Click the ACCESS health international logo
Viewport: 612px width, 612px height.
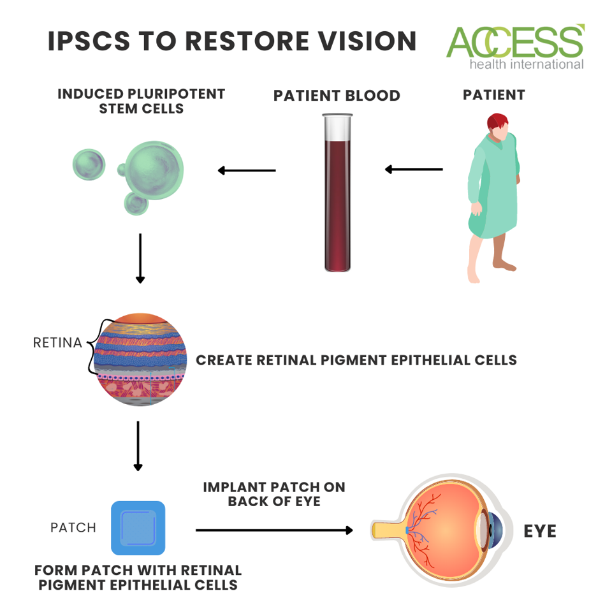pos(515,47)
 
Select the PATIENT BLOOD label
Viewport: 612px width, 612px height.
pos(337,96)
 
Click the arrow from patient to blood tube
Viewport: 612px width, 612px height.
pos(414,170)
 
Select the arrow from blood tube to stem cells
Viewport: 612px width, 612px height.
pos(247,170)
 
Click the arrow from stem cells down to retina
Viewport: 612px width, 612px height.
pos(140,258)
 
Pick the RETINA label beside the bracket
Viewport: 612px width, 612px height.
pos(57,343)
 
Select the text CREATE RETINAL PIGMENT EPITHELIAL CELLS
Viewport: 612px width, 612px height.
pos(356,360)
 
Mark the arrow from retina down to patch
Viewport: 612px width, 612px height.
pos(138,446)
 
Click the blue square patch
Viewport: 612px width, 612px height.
pos(138,527)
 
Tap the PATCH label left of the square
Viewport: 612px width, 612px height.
pos(73,528)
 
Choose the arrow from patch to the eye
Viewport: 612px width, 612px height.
pos(274,530)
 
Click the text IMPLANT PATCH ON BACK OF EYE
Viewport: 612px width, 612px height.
pos(274,494)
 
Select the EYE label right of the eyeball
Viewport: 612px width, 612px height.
pos(540,530)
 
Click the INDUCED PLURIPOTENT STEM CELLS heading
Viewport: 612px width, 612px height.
pos(142,101)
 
